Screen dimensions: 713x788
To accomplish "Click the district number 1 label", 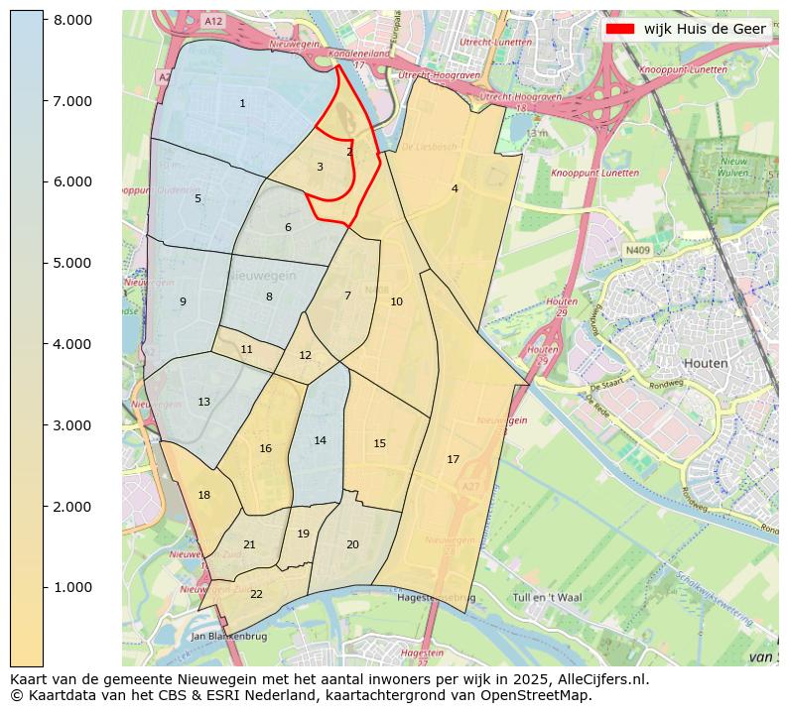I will click(242, 104).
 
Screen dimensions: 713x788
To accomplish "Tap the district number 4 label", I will click(455, 188).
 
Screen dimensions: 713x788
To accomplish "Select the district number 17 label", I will click(453, 459).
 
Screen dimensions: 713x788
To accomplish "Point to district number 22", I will click(256, 594).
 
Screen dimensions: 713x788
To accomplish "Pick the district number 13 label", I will click(203, 402).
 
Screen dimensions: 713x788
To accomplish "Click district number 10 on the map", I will click(396, 301).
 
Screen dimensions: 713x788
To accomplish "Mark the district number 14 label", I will click(320, 440).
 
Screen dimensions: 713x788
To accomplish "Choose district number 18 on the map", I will click(203, 495).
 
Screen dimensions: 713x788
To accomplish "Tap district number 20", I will click(352, 544).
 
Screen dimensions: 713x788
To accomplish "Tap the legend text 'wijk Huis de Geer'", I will click(705, 29).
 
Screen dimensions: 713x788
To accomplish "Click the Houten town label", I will click(706, 363).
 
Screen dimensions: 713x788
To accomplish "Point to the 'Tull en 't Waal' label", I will click(547, 597).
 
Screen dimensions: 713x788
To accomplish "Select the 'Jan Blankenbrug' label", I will click(228, 636).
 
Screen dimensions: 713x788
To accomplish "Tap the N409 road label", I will click(637, 251).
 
